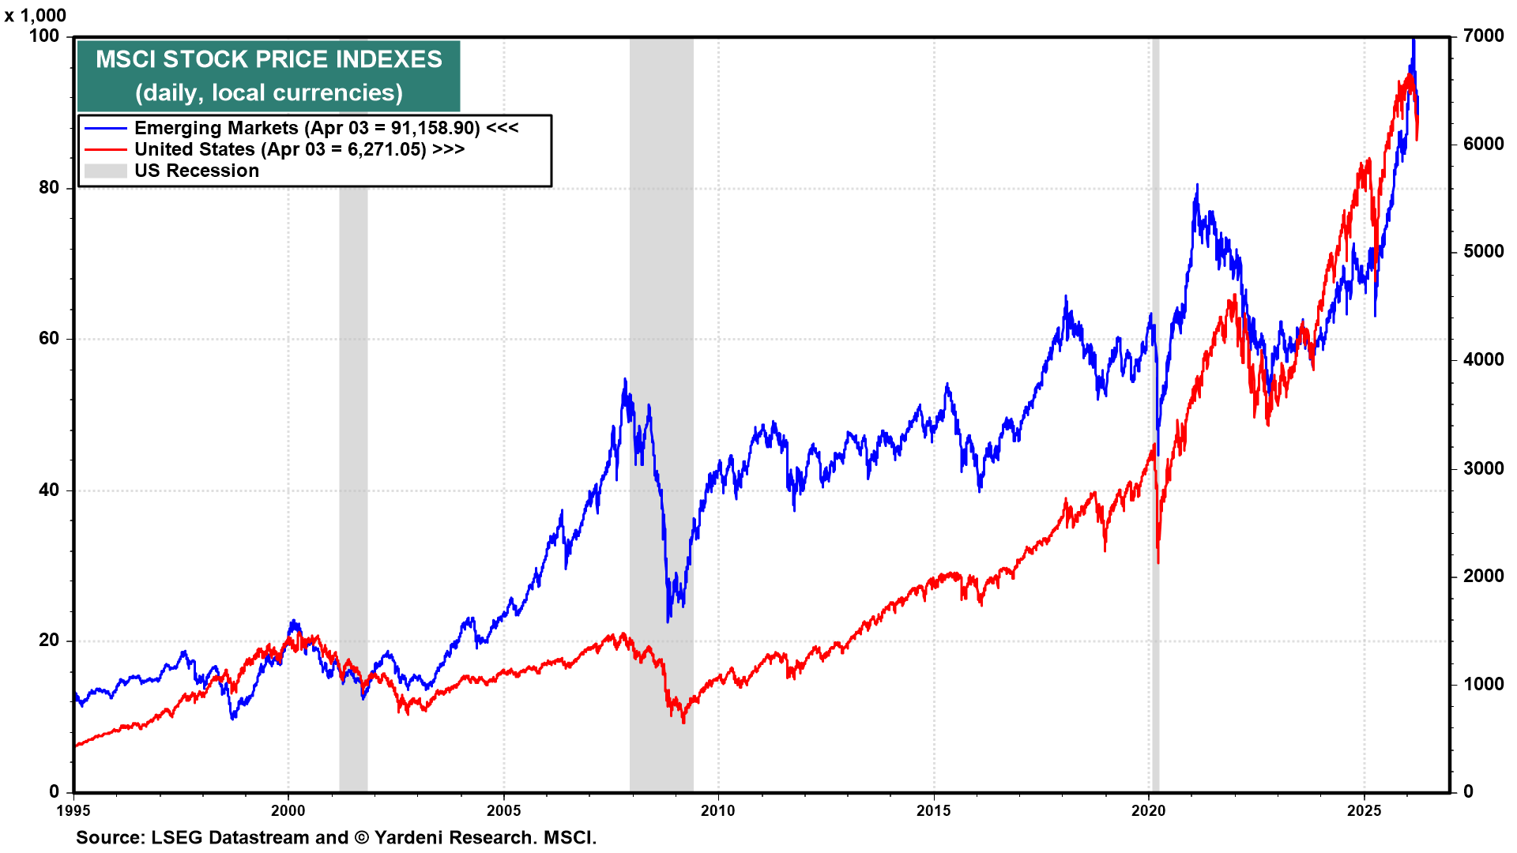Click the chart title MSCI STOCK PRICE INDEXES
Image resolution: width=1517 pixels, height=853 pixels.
coord(269,59)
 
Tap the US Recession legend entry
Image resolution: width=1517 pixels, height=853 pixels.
coord(196,171)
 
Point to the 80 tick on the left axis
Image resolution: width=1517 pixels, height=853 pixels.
coord(49,187)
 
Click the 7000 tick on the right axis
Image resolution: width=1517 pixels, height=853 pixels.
coord(1483,36)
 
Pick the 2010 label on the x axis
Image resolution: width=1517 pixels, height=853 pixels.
coord(717,810)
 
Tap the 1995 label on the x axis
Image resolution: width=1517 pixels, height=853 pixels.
coord(73,810)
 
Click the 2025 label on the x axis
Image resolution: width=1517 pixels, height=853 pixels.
coord(1364,810)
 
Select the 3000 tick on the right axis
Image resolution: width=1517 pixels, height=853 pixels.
coord(1483,468)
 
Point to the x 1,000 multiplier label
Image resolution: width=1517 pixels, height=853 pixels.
coord(36,15)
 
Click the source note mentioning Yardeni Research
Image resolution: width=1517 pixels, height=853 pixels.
coord(336,837)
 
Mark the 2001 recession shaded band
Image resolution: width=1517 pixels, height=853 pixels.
coord(353,474)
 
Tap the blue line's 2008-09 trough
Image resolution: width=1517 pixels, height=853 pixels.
coord(668,621)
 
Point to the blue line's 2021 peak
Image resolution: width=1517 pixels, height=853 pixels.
coord(1197,186)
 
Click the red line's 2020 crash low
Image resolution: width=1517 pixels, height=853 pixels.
coord(1158,562)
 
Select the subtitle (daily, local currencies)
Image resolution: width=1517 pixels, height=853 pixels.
coord(269,93)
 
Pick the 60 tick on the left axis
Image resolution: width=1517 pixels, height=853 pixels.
coord(49,338)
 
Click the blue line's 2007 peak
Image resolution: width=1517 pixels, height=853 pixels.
coord(625,380)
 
